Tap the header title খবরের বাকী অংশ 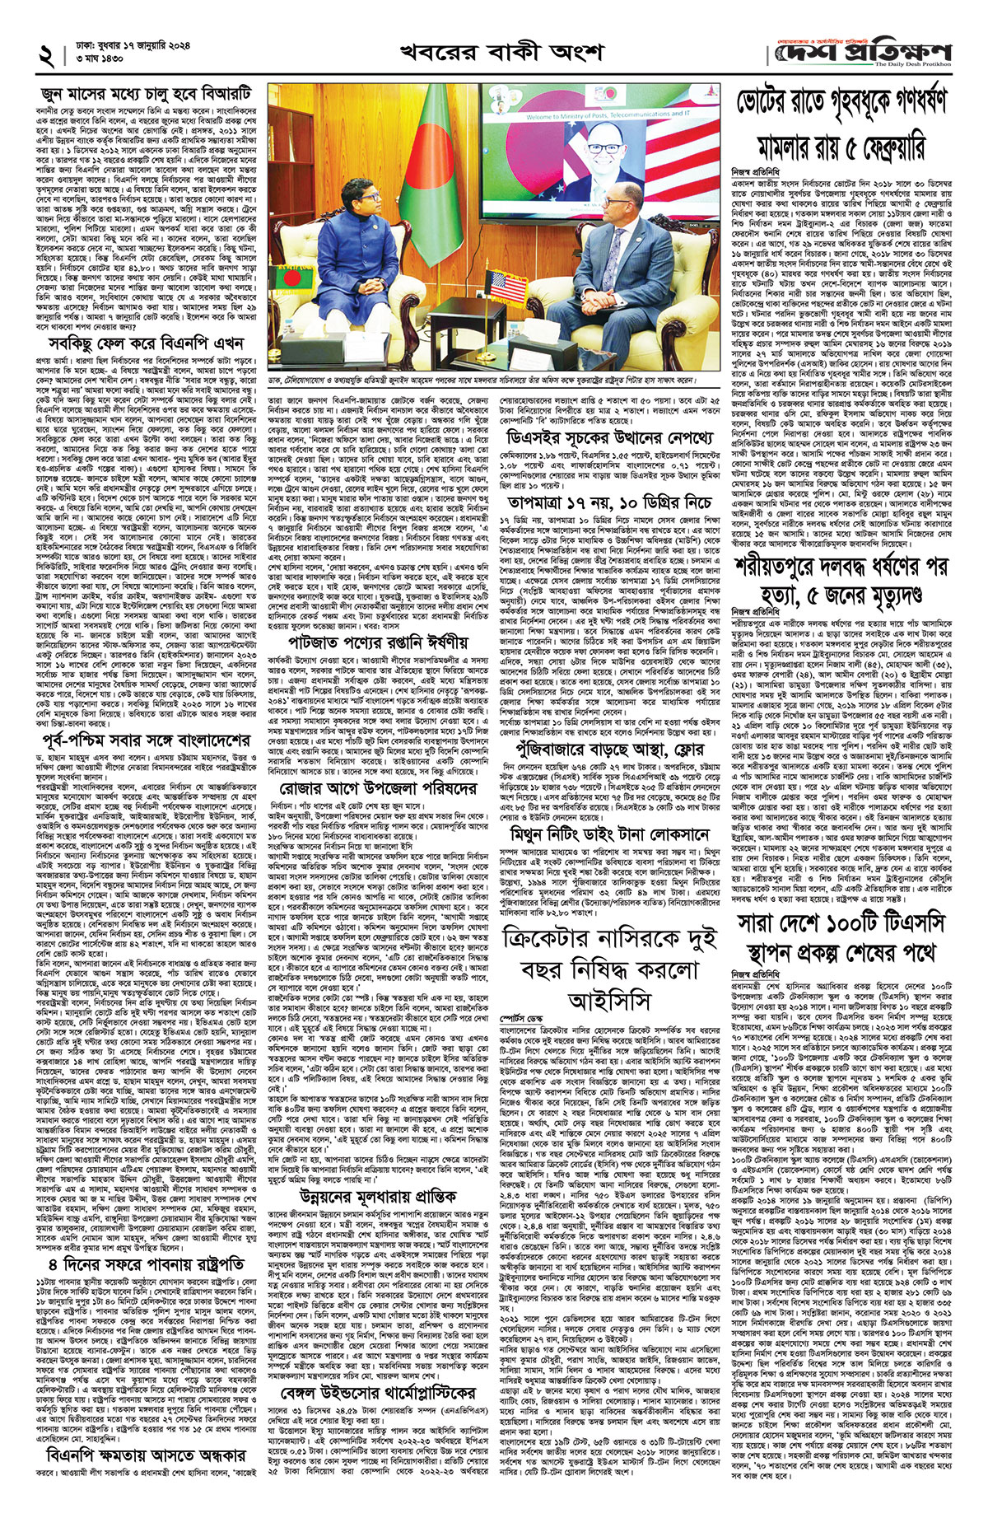point(501,52)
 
